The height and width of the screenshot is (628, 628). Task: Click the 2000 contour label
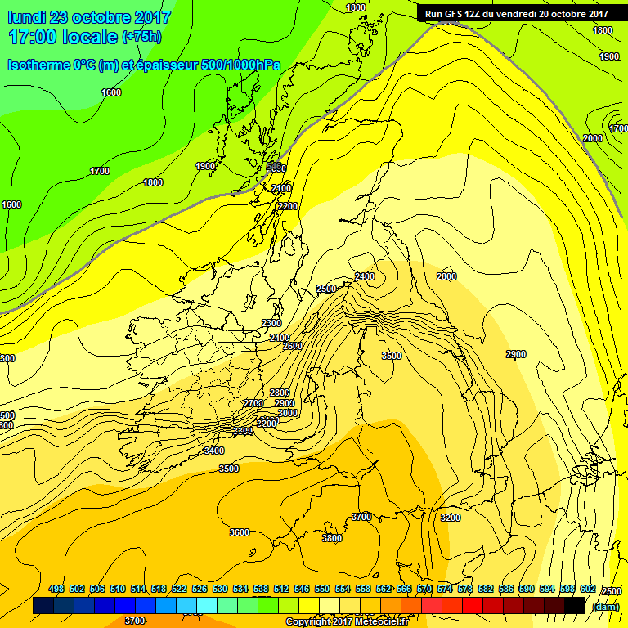click(593, 138)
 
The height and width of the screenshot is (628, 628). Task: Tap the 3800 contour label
click(332, 538)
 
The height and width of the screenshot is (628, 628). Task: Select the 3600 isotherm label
click(239, 532)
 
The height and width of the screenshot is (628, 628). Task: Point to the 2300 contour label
click(271, 324)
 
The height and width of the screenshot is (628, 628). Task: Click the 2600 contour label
click(292, 346)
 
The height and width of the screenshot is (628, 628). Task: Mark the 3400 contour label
click(213, 451)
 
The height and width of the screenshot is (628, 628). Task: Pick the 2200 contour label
click(287, 207)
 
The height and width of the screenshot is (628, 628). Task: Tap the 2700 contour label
click(253, 404)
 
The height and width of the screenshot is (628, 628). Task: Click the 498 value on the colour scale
click(56, 589)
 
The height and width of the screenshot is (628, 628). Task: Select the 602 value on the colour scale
click(587, 589)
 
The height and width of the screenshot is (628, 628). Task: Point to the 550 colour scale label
click(321, 589)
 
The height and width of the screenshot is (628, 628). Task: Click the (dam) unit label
click(605, 606)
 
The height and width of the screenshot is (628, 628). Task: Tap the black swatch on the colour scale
click(574, 606)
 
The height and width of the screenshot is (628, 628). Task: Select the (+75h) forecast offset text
click(141, 37)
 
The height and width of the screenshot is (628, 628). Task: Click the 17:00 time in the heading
click(36, 37)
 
